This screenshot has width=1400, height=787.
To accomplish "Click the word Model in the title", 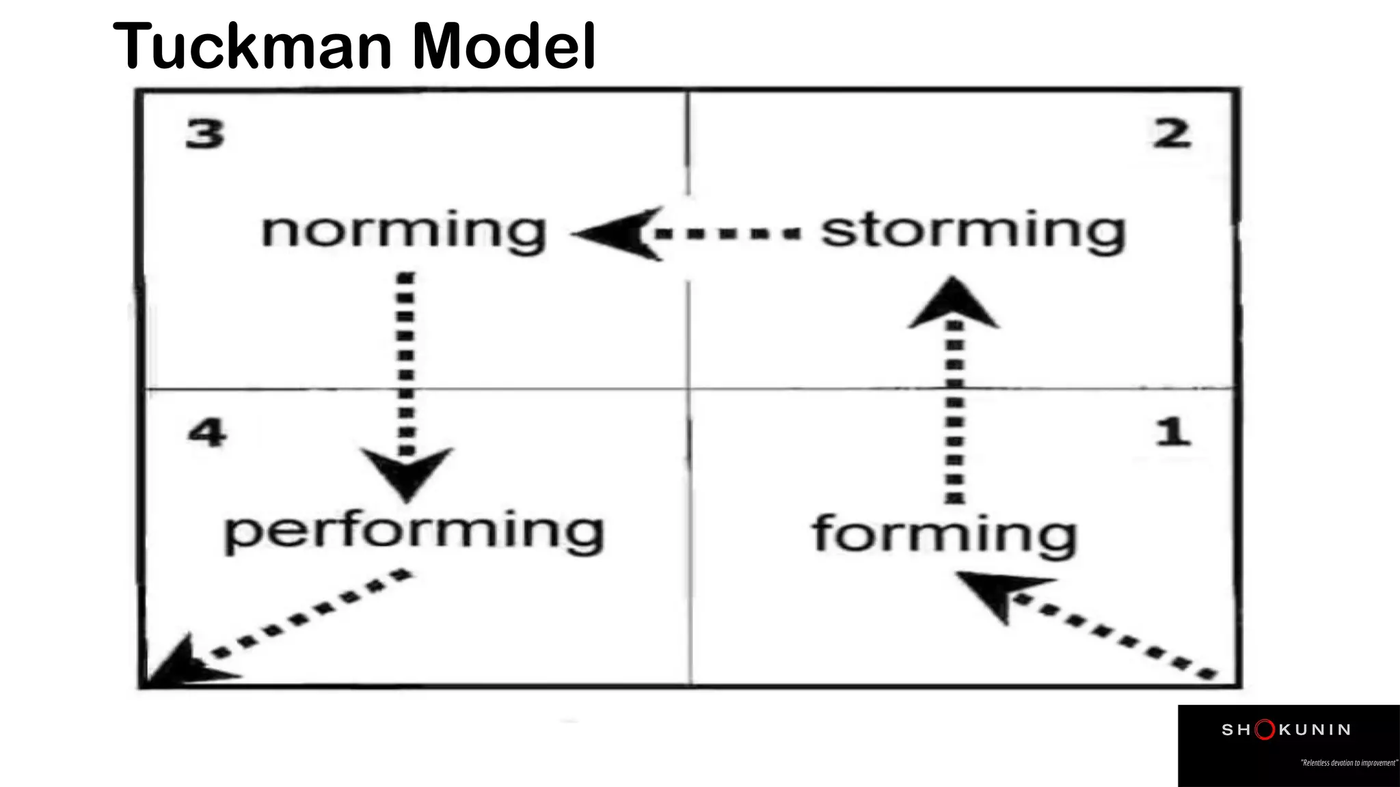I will pos(504,46).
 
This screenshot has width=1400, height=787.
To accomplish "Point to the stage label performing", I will pos(414,533).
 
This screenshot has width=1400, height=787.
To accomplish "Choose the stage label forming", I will pos(945,534).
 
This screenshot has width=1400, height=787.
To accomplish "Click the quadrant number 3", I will pos(205,134).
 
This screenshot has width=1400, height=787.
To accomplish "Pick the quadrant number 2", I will pos(1172,134).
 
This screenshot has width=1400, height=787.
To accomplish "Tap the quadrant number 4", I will pos(206,433).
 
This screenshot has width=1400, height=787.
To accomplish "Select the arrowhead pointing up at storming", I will pos(953,303).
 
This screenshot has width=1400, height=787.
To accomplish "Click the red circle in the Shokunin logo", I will pos(1265,730).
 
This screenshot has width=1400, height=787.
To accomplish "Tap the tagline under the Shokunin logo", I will pos(1349,762).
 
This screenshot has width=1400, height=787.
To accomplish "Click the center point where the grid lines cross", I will pos(689,389).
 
